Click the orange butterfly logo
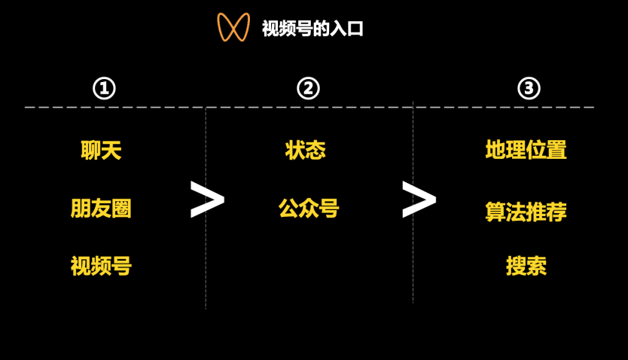click(233, 27)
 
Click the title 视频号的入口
click(312, 29)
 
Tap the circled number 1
click(104, 89)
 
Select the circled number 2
click(308, 89)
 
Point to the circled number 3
click(529, 89)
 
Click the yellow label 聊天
click(101, 151)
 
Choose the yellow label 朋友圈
click(101, 209)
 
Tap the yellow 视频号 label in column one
click(101, 266)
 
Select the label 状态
click(306, 151)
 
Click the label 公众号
click(309, 209)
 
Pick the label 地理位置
click(526, 151)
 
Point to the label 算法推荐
click(526, 212)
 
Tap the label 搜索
click(526, 266)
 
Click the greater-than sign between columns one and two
click(207, 200)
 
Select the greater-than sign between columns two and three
click(419, 200)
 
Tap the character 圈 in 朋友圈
click(121, 209)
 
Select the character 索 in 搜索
click(536, 266)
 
